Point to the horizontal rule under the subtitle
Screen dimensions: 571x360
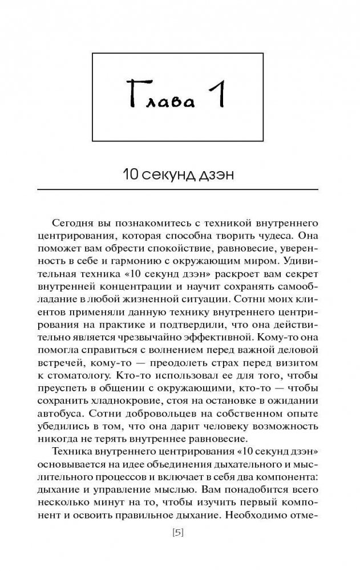tap(180, 189)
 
